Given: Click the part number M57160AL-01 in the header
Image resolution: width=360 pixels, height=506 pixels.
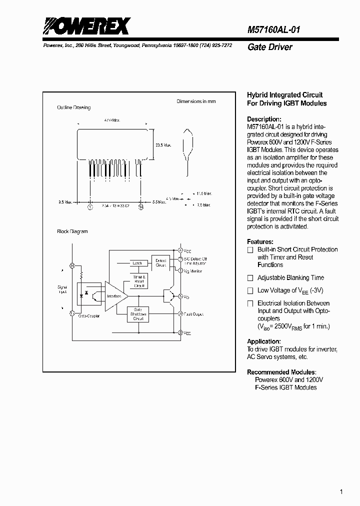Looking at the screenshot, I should [x=274, y=29].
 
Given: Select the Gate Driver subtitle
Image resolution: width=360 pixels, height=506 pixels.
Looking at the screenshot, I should [x=270, y=47].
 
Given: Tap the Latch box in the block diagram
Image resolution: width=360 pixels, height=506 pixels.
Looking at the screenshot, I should [x=137, y=263].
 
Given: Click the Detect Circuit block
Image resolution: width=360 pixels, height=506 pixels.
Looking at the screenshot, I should [x=160, y=262].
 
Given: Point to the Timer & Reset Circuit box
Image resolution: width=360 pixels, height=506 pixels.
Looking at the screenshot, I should [x=139, y=281].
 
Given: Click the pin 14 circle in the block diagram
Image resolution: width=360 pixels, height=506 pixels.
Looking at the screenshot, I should [x=72, y=265].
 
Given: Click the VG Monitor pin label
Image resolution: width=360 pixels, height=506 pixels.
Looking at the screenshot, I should [x=193, y=270].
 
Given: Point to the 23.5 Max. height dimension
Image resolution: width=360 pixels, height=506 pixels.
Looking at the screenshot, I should [x=163, y=145].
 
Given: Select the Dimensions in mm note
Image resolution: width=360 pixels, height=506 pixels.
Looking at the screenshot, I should [x=196, y=101].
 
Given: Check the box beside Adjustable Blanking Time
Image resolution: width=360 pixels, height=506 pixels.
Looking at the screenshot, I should [x=250, y=278].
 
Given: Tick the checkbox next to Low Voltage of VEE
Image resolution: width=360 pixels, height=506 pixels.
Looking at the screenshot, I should [x=250, y=290].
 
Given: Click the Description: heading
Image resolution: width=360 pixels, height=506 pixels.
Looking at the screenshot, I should [x=264, y=119].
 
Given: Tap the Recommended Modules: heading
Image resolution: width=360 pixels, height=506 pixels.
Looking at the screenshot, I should [x=281, y=372].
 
